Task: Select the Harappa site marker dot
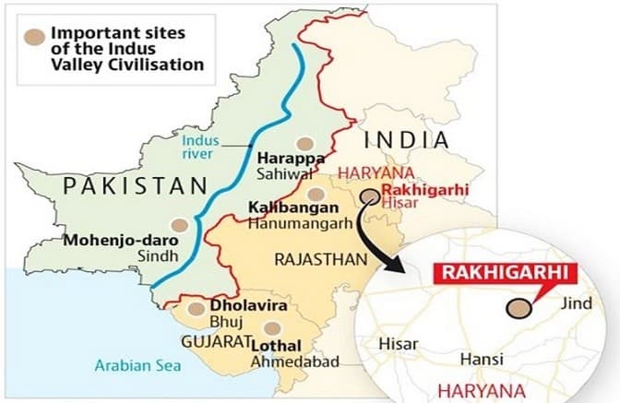304,144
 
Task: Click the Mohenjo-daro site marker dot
180,224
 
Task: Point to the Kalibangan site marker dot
316,194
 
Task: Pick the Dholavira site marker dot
196,311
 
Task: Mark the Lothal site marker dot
269,327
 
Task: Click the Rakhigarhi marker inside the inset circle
521,310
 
